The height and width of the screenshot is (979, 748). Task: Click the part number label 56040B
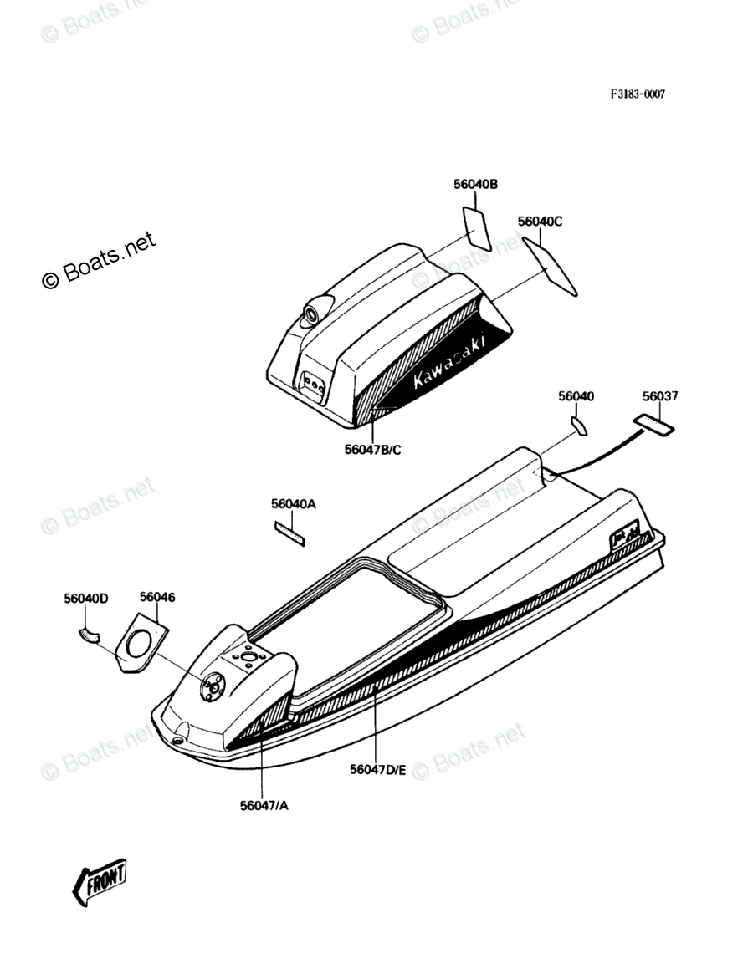pos(475,185)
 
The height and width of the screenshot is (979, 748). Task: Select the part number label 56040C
pos(540,222)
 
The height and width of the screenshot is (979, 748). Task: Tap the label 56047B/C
pos(373,450)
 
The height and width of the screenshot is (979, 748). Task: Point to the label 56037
pos(660,396)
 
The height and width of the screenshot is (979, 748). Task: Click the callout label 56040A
pos(293,504)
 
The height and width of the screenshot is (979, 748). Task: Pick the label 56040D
pos(86,599)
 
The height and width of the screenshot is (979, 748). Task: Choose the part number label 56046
pos(157,597)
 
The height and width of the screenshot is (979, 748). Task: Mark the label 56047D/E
pos(377,769)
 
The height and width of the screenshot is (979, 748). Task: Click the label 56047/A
pos(264,806)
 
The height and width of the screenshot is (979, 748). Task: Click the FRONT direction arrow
pos(100,881)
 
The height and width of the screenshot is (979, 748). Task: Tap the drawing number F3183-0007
pos(637,94)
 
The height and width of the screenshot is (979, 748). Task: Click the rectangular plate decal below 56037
pos(653,426)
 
